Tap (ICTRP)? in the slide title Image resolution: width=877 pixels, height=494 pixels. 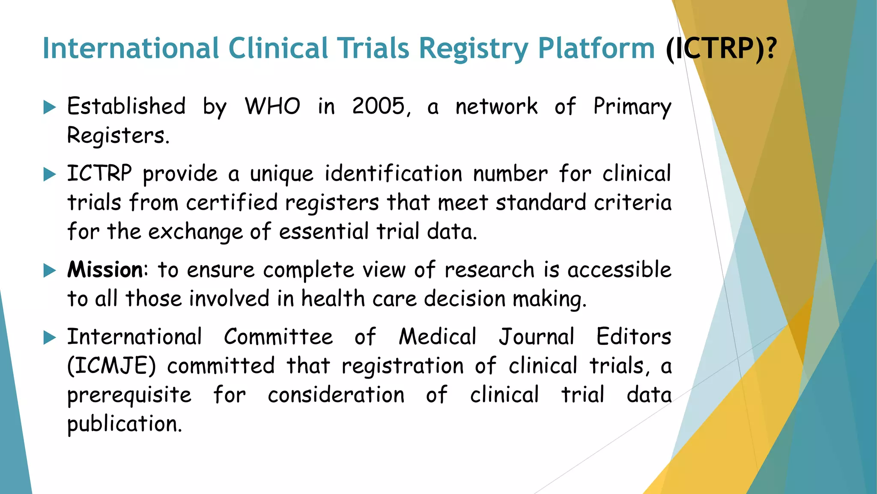[x=721, y=48]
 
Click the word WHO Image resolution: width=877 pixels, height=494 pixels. [x=272, y=106]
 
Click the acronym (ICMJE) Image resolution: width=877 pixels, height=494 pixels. [x=111, y=366]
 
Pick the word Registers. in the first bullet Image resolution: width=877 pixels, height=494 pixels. [x=118, y=136]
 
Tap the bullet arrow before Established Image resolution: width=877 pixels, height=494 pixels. [x=50, y=107]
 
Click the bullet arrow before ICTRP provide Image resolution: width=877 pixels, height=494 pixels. [x=50, y=175]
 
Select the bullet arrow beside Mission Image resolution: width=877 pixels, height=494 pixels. [x=50, y=271]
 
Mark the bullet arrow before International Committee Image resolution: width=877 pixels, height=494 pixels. [x=50, y=338]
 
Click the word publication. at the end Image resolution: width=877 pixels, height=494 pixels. [x=125, y=424]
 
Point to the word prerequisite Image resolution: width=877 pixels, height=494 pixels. [x=129, y=395]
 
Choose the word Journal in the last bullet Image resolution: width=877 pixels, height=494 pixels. [x=536, y=337]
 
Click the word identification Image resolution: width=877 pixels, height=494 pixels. [x=393, y=174]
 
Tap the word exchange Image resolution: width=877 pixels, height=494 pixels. [x=195, y=232]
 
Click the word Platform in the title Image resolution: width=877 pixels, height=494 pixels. [x=596, y=48]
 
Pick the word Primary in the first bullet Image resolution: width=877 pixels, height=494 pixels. [x=632, y=106]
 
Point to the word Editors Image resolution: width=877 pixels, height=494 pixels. [x=634, y=337]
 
